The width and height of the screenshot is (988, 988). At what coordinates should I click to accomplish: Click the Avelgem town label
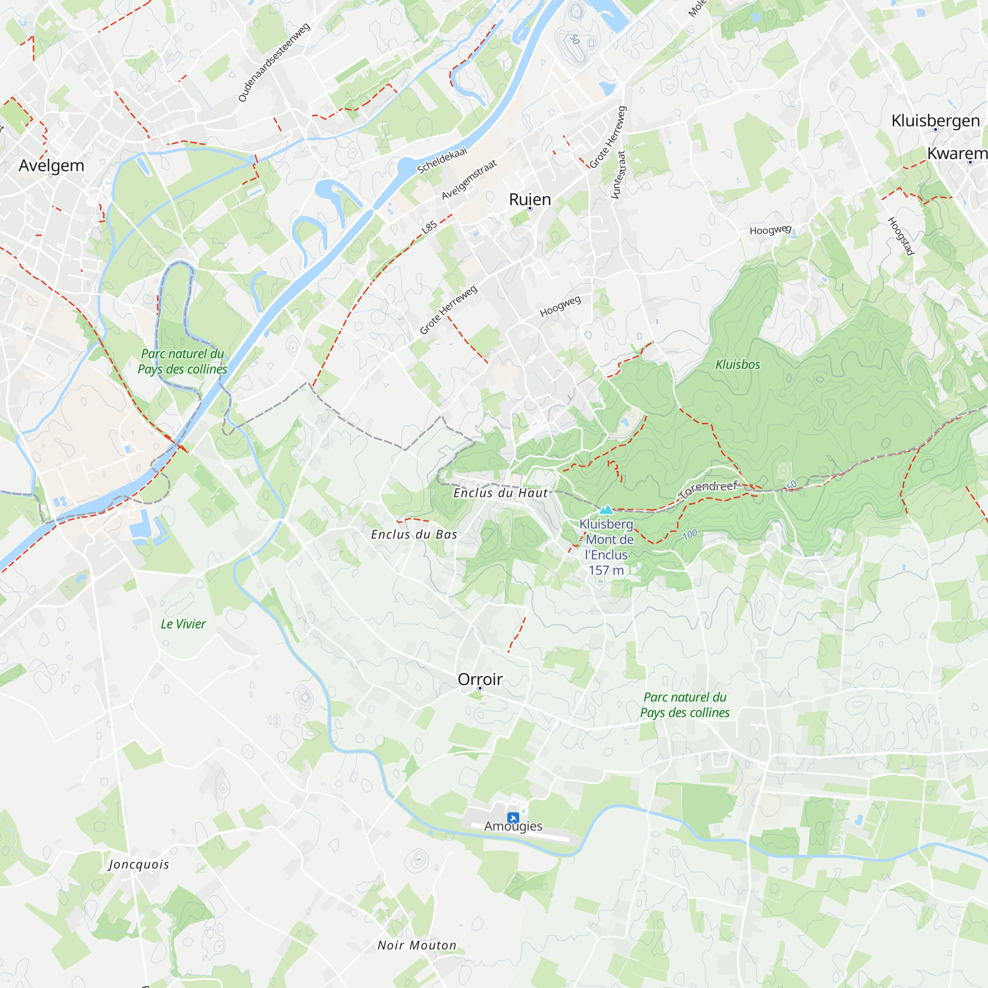[51, 165]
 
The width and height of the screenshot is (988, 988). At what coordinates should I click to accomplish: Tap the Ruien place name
[530, 200]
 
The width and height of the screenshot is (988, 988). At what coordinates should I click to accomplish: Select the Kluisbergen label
[935, 121]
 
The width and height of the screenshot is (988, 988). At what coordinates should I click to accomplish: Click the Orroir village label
[480, 680]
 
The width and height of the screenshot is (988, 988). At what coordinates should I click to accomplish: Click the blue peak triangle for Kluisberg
[606, 509]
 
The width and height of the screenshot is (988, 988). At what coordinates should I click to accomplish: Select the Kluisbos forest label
[738, 365]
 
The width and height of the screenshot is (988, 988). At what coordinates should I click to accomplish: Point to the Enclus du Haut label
[500, 493]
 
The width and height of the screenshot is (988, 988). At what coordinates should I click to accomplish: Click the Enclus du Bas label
[413, 535]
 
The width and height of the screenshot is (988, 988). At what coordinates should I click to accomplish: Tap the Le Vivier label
[183, 624]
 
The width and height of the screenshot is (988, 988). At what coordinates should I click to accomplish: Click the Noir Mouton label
[417, 946]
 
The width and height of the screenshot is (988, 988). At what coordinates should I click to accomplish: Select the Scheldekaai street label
[442, 160]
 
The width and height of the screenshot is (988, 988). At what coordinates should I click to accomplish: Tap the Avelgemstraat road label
[469, 179]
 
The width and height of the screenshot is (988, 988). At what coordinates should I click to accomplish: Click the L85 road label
[429, 227]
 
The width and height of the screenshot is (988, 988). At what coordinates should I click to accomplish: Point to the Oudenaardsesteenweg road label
[274, 62]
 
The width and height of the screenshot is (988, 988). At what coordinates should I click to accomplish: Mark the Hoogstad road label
[901, 236]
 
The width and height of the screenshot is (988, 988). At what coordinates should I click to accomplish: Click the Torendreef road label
[709, 489]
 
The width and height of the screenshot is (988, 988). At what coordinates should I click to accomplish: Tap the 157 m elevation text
[606, 571]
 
